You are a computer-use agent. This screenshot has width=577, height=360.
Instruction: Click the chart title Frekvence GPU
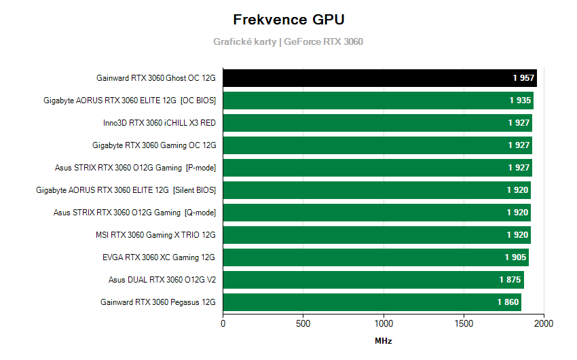(x=288, y=19)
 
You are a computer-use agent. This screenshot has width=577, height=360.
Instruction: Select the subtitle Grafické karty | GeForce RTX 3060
(x=288, y=41)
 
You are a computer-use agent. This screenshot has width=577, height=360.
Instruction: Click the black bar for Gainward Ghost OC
(x=367, y=78)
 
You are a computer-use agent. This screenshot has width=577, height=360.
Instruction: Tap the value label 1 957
(x=523, y=78)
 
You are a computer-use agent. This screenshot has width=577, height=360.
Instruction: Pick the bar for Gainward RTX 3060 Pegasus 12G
(x=367, y=302)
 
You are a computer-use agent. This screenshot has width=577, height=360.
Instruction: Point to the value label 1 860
(x=508, y=302)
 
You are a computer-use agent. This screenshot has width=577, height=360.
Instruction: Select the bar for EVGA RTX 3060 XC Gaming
(x=367, y=257)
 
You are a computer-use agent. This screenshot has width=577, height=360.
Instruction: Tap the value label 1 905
(x=515, y=257)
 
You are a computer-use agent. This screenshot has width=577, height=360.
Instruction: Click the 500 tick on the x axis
(x=303, y=324)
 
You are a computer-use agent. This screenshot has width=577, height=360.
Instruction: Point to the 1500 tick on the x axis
(x=464, y=324)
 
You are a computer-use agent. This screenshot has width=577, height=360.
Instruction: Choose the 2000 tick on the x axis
(x=544, y=324)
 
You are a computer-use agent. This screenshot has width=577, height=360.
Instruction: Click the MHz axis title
(x=384, y=341)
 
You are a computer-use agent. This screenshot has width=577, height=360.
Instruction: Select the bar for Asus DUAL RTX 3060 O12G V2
(x=367, y=280)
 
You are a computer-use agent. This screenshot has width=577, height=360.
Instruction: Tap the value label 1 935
(x=520, y=101)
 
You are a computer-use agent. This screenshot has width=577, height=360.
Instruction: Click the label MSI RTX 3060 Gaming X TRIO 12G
(x=155, y=235)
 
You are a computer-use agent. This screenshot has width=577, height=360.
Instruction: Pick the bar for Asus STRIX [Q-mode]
(x=367, y=213)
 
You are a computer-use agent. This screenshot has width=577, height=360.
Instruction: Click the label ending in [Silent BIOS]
(x=126, y=190)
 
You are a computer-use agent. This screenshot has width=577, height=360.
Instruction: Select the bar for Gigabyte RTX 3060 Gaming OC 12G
(x=367, y=145)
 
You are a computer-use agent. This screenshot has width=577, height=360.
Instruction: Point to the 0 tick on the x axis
(x=223, y=324)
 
